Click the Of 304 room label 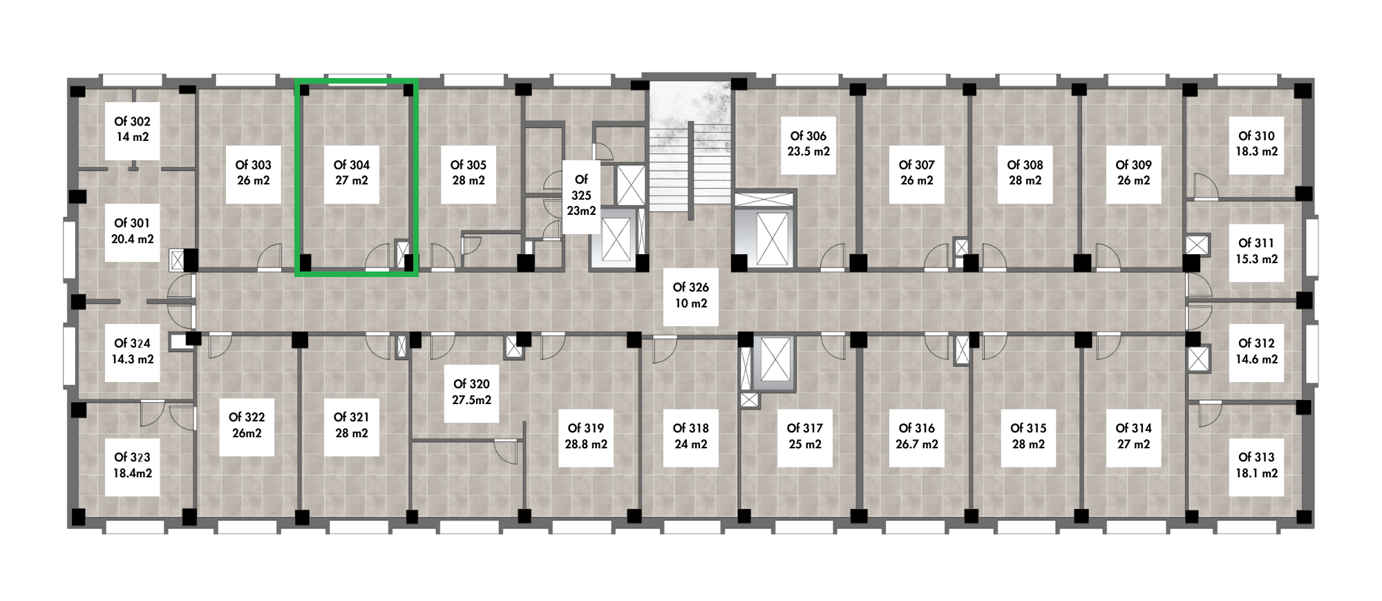click(x=352, y=165)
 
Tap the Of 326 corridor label click(x=691, y=287)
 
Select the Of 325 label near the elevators click(x=581, y=187)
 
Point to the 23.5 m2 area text click(x=808, y=151)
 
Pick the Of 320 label click(x=471, y=384)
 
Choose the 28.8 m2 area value click(x=586, y=444)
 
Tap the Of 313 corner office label click(x=1256, y=457)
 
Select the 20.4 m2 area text click(x=132, y=239)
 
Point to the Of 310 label click(x=1256, y=136)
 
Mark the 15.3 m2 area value click(x=1256, y=259)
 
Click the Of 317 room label click(x=804, y=428)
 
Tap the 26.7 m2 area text click(x=917, y=444)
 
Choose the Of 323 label click(x=132, y=457)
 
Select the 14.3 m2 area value click(x=132, y=359)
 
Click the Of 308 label click(x=1025, y=165)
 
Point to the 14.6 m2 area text click(x=1256, y=359)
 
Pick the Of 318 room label click(x=691, y=428)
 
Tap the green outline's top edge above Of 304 click(x=357, y=82)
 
